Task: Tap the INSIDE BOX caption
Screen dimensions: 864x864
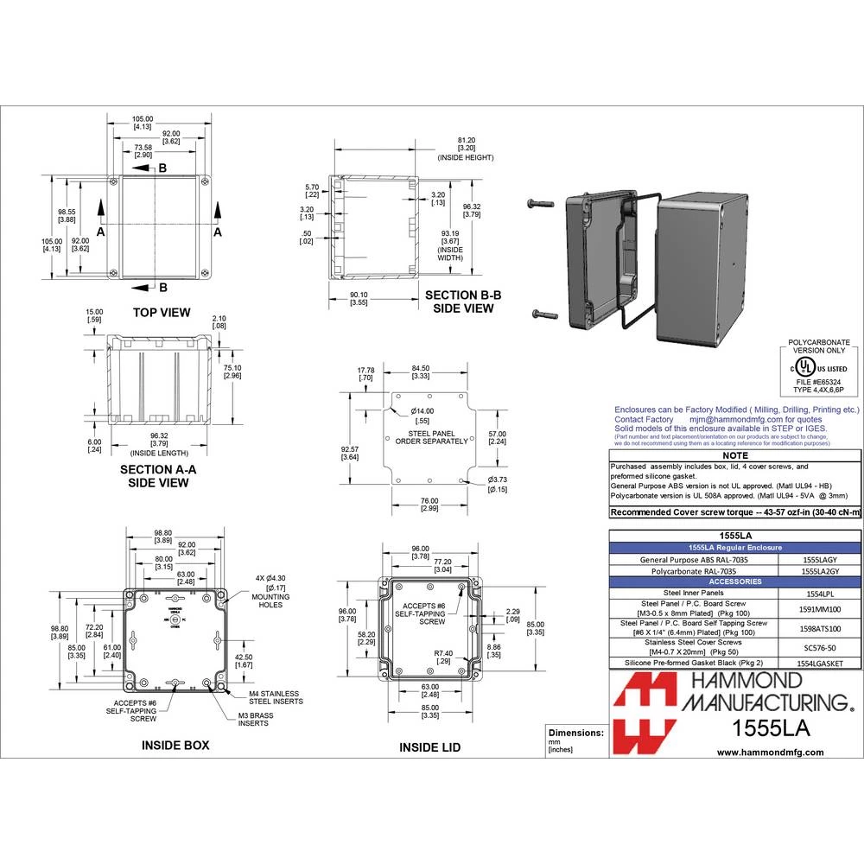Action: (x=175, y=744)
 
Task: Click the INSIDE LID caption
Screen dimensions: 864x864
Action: (x=429, y=747)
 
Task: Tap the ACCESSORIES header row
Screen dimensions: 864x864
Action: (x=736, y=581)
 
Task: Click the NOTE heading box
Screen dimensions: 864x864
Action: (x=735, y=454)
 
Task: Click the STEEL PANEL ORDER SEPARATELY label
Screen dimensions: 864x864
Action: (x=430, y=437)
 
